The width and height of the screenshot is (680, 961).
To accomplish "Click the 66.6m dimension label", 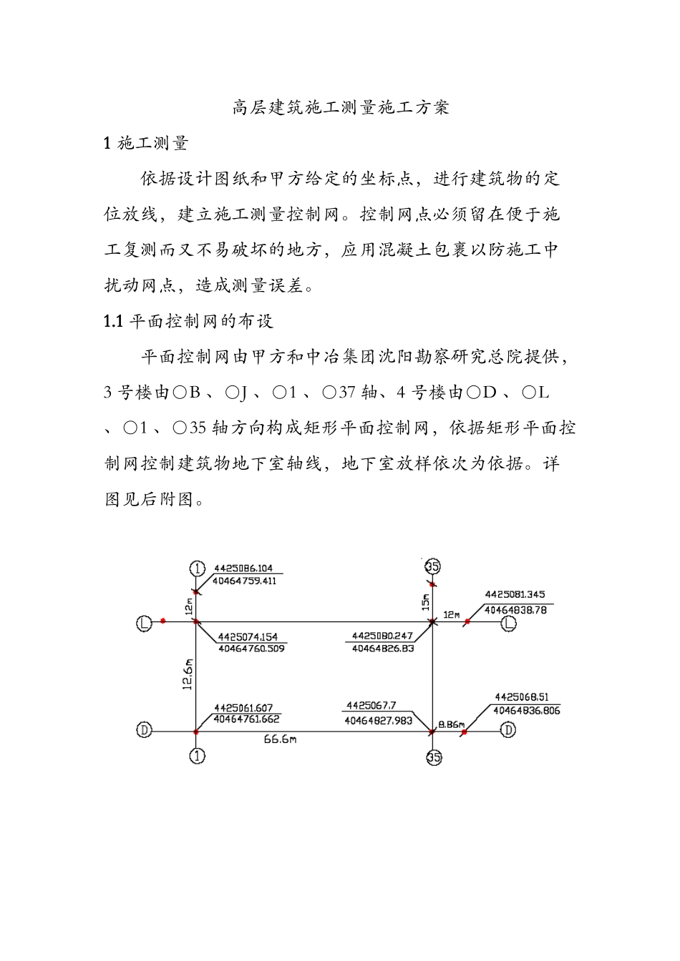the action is [x=280, y=739].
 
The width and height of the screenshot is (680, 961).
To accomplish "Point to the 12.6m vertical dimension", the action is [x=188, y=674].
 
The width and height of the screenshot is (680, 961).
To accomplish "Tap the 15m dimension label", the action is [x=425, y=601].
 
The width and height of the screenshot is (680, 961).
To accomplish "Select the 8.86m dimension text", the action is [x=451, y=724].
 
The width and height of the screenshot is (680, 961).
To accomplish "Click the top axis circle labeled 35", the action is [x=432, y=566].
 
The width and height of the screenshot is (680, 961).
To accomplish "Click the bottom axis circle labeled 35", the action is [x=434, y=757].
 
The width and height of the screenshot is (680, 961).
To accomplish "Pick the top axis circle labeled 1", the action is [x=198, y=568].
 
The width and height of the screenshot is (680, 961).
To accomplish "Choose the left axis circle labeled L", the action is [x=145, y=624].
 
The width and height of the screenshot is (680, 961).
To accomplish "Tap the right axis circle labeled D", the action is [x=507, y=730].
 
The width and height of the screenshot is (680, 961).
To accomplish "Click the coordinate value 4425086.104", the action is [x=243, y=568].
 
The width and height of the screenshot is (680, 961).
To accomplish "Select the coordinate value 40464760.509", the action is [x=251, y=649].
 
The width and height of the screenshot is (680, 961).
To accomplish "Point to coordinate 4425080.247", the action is [x=382, y=636].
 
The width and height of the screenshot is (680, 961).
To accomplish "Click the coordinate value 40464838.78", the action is [x=515, y=610].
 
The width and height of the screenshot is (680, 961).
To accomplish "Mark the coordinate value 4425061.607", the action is [x=243, y=708].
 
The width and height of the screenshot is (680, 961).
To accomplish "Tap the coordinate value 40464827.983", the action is [x=378, y=721].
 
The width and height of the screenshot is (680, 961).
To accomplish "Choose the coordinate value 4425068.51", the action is [x=522, y=697].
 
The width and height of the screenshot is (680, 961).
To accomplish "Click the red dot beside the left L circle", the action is [x=164, y=621].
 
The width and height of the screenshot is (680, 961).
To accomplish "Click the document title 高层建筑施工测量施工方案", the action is [x=341, y=107].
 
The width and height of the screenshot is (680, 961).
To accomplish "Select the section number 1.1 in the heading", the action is [x=114, y=321].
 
